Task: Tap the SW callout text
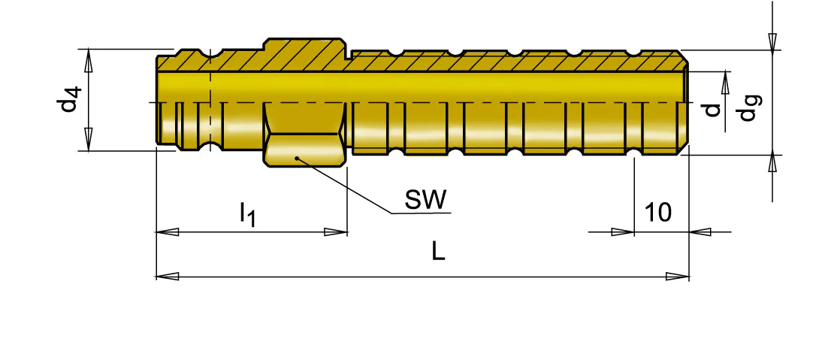coord(425,199)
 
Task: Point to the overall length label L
coord(438,252)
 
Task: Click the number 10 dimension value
coord(658,212)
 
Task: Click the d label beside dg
coord(713,110)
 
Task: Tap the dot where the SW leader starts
coord(298,157)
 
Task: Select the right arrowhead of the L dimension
coord(678,276)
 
